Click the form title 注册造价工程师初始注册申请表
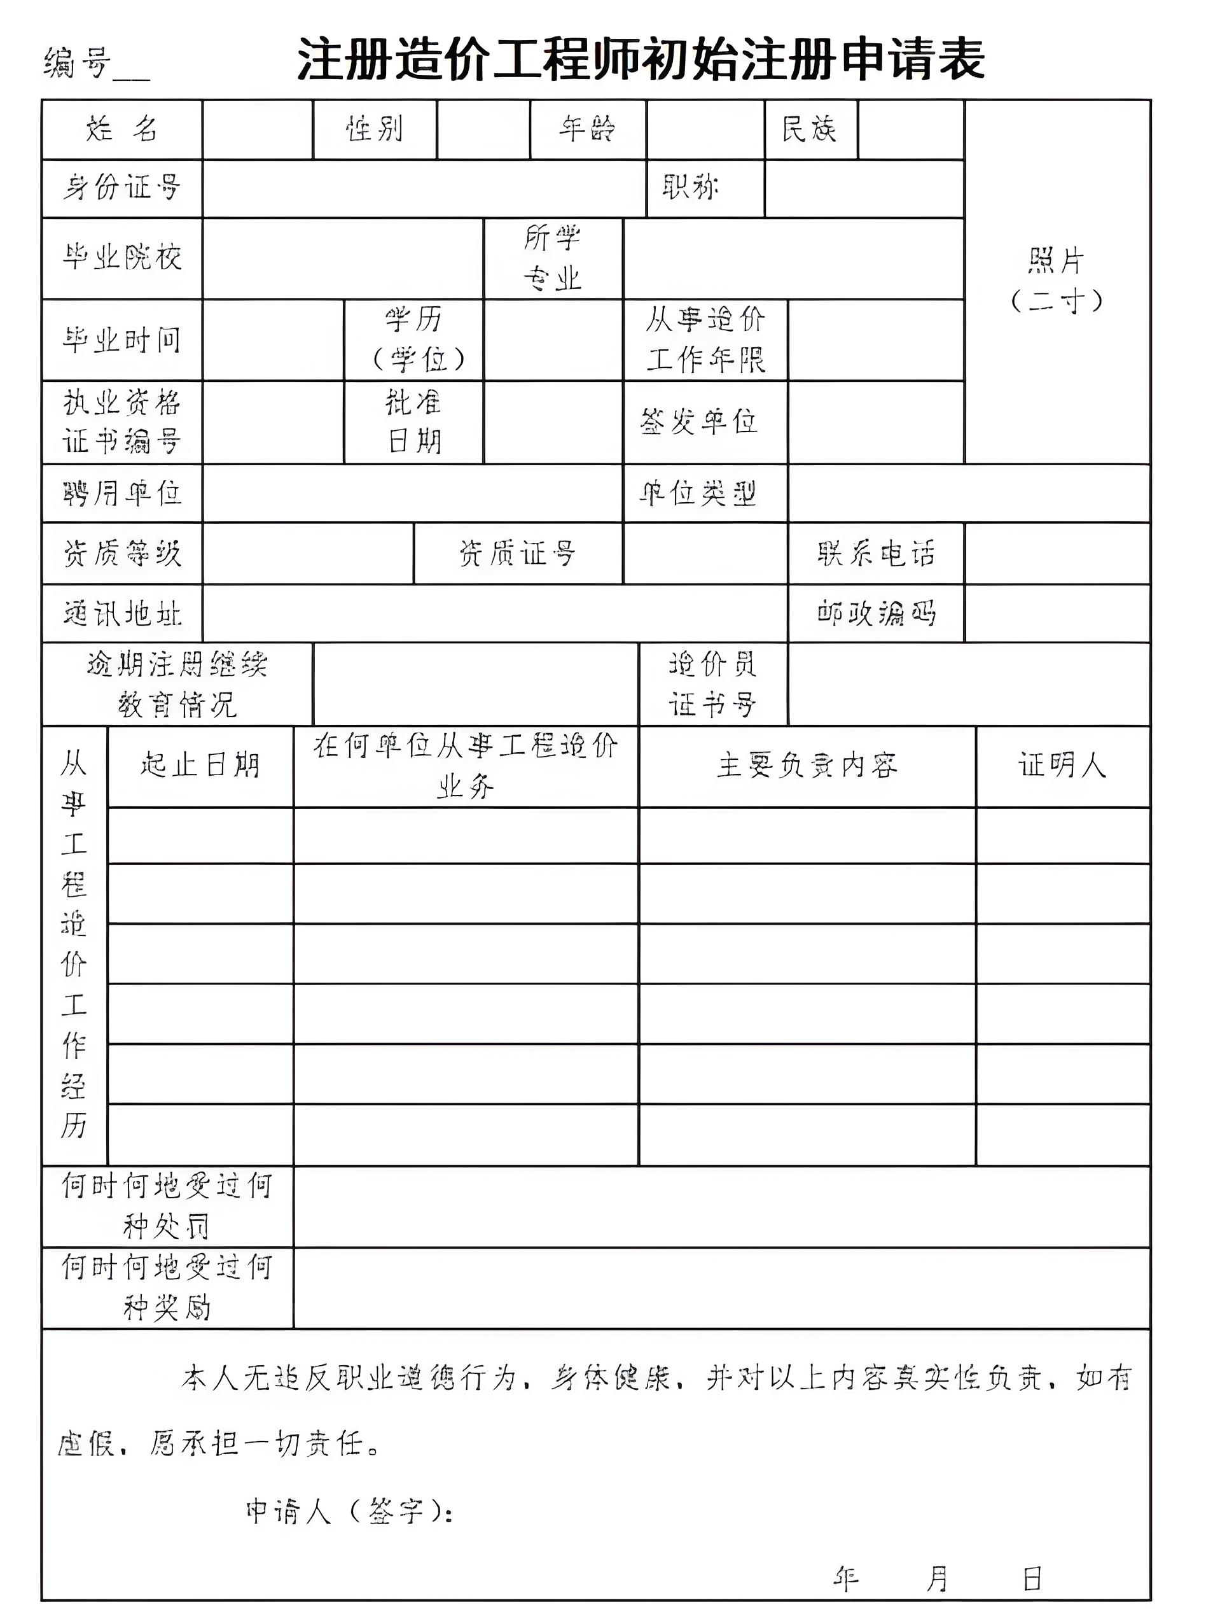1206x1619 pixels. coord(641,60)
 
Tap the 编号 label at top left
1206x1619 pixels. coord(77,63)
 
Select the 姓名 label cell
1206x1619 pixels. coord(122,129)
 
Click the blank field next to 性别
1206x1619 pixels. coord(483,129)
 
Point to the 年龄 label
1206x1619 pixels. coord(588,129)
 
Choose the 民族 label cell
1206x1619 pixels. coord(810,129)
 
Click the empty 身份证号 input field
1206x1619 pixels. coord(424,188)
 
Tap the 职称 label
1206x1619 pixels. coord(691,188)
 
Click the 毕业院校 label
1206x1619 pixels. coord(122,257)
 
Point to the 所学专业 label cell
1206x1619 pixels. coord(553,257)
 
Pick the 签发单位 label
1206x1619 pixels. coord(699,421)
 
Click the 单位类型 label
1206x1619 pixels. coord(698,494)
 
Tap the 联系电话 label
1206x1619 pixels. coord(876,554)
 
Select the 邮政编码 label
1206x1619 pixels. coord(876,613)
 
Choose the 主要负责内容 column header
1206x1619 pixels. coord(807,766)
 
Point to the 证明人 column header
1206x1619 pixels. coord(1062,766)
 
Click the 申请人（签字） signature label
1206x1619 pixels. coord(349,1511)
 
